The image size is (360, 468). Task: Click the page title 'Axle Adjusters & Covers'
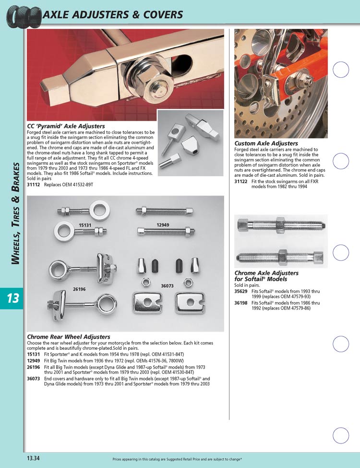click(x=113, y=14)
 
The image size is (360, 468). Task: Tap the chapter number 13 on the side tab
click(x=13, y=298)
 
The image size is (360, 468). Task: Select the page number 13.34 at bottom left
click(x=34, y=458)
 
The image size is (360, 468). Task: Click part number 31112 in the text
click(x=34, y=185)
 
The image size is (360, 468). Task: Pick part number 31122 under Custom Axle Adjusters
click(x=240, y=181)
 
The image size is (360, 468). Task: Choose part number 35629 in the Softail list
click(x=240, y=291)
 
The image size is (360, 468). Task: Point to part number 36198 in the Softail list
click(x=240, y=303)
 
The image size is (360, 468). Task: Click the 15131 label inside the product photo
click(x=85, y=225)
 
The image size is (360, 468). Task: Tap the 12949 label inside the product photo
click(x=163, y=225)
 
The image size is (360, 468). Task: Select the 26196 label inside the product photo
click(x=79, y=289)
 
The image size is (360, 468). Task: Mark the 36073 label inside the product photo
click(x=168, y=285)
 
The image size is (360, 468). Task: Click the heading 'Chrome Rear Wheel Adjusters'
click(x=69, y=337)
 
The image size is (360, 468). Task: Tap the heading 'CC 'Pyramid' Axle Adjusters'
click(x=66, y=126)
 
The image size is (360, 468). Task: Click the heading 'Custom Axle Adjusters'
click(x=266, y=143)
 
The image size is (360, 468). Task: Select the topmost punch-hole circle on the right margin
click(x=341, y=70)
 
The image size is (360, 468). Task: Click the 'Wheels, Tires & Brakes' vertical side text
click(x=15, y=213)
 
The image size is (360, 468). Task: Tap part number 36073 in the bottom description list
click(x=34, y=379)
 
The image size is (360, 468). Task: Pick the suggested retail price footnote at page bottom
click(x=177, y=459)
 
